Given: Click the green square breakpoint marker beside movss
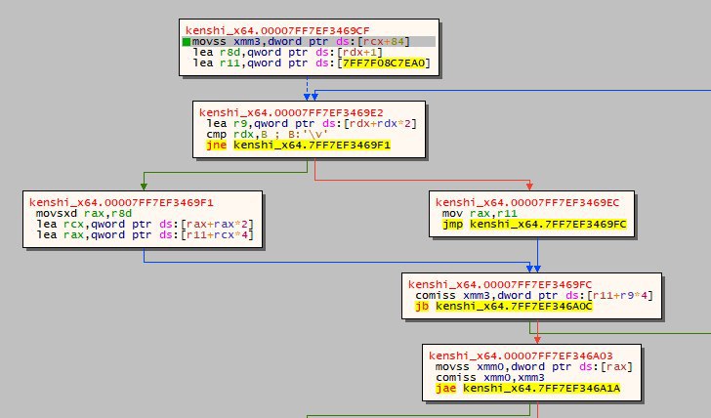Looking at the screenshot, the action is click(x=187, y=42).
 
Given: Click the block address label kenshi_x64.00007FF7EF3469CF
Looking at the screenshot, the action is click(x=277, y=31).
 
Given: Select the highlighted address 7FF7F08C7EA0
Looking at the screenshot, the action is click(x=384, y=63).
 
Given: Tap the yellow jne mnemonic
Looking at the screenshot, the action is click(x=216, y=146).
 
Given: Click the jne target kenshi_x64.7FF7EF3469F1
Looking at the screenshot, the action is click(x=312, y=146).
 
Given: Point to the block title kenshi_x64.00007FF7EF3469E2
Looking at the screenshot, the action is click(x=291, y=113).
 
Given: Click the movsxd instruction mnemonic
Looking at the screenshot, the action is click(x=57, y=214).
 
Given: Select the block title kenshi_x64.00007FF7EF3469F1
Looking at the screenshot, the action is click(x=121, y=203).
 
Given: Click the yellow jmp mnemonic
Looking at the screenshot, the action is click(x=452, y=225).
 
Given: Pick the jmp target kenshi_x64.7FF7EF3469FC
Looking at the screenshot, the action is click(x=548, y=225).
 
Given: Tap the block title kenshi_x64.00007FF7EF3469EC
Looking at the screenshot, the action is click(x=527, y=203).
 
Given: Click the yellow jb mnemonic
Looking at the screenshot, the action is click(x=422, y=307).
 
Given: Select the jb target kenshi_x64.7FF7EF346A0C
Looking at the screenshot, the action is click(x=514, y=307).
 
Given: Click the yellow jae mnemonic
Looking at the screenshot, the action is click(x=445, y=389).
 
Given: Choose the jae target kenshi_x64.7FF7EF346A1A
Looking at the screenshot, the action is click(x=541, y=389).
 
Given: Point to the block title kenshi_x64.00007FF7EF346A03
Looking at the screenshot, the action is click(x=521, y=355).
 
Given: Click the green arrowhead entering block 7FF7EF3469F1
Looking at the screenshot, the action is click(x=144, y=187).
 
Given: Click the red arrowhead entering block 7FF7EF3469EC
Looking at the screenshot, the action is click(x=529, y=187).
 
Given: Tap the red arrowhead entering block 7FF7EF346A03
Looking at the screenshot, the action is click(x=537, y=340).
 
